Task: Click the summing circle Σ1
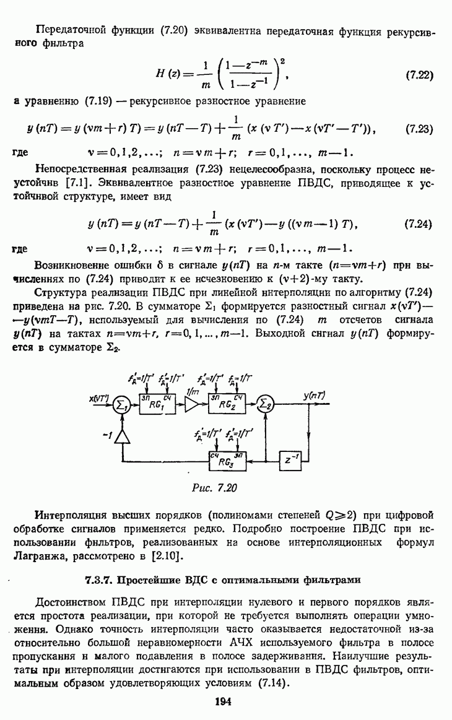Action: pos(121,405)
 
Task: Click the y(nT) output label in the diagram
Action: pos(316,394)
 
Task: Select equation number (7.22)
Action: pos(419,76)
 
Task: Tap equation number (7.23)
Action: pos(419,129)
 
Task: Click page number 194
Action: pos(223,701)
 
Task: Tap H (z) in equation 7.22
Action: pos(167,76)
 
